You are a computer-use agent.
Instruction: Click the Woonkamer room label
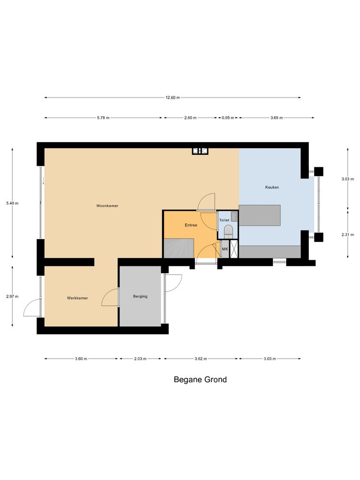pyautogui.click(x=107, y=206)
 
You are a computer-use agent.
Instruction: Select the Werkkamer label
pyautogui.click(x=77, y=298)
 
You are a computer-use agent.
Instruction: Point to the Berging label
pyautogui.click(x=140, y=296)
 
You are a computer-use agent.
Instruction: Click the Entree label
pyautogui.click(x=191, y=225)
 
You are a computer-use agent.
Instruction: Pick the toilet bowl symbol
pyautogui.click(x=228, y=232)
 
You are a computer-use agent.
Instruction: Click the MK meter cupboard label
pyautogui.click(x=225, y=249)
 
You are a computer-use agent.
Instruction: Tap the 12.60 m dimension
pyautogui.click(x=172, y=97)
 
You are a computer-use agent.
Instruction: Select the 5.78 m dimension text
pyautogui.click(x=103, y=118)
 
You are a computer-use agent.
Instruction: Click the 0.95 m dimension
pyautogui.click(x=228, y=118)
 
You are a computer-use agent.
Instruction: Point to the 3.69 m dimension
pyautogui.click(x=277, y=118)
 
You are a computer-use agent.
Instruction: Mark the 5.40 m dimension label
pyautogui.click(x=12, y=203)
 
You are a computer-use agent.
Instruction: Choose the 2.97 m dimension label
pyautogui.click(x=12, y=296)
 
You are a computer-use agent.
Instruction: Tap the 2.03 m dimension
pyautogui.click(x=140, y=359)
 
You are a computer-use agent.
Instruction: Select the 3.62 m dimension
pyautogui.click(x=201, y=359)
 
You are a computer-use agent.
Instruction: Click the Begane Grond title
pyautogui.click(x=200, y=379)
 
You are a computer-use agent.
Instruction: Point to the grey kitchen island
pyautogui.click(x=260, y=216)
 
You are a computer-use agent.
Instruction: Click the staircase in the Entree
pyautogui.click(x=179, y=247)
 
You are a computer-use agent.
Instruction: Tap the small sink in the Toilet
pyautogui.click(x=234, y=217)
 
